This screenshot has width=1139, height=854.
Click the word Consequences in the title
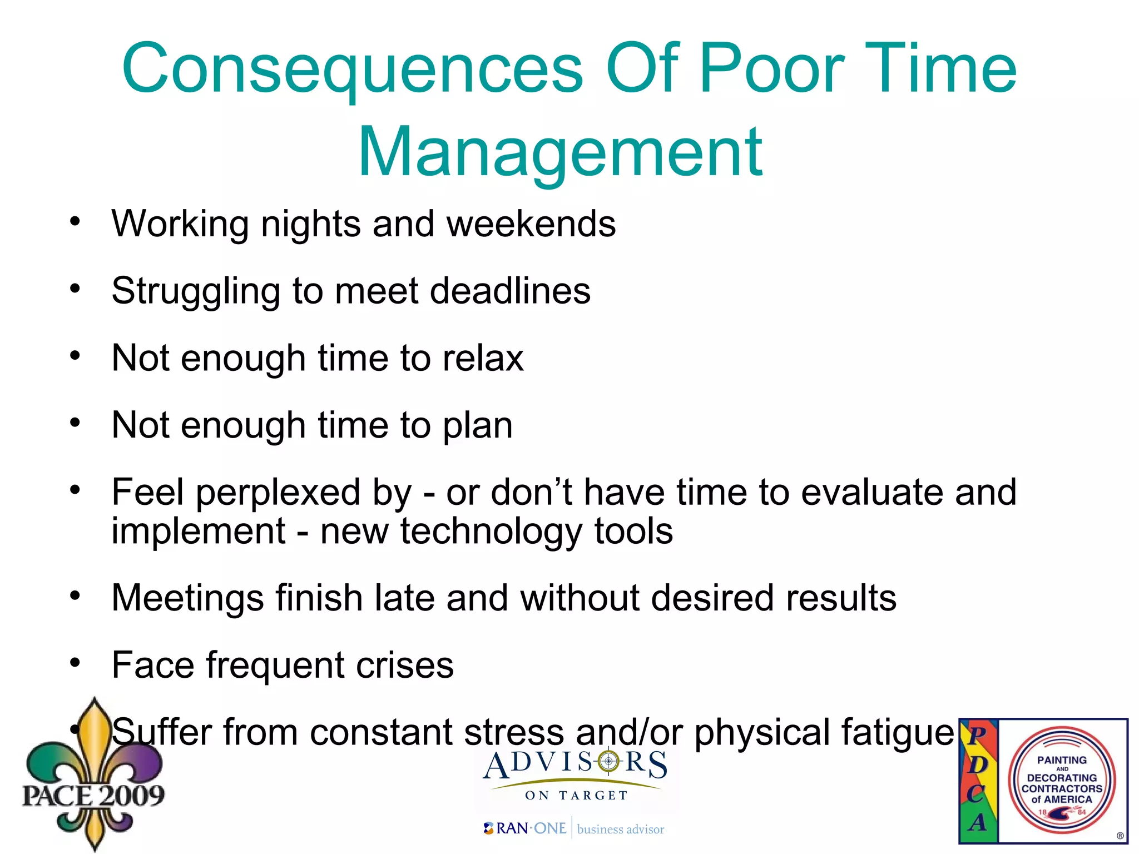pos(352,71)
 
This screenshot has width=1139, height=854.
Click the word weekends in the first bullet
pos(531,224)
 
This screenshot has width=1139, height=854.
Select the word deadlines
pos(510,291)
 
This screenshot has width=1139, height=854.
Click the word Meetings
pos(188,599)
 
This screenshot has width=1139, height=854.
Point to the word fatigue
pos(897,733)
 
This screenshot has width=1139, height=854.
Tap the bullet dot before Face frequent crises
pos(75,663)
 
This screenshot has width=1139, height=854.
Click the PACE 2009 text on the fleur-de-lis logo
pos(93,795)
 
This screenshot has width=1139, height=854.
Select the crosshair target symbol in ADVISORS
pos(608,761)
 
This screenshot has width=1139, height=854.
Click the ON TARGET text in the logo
pos(576,796)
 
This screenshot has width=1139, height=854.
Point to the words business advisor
pos(621,830)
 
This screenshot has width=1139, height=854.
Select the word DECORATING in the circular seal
pos(1062,778)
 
